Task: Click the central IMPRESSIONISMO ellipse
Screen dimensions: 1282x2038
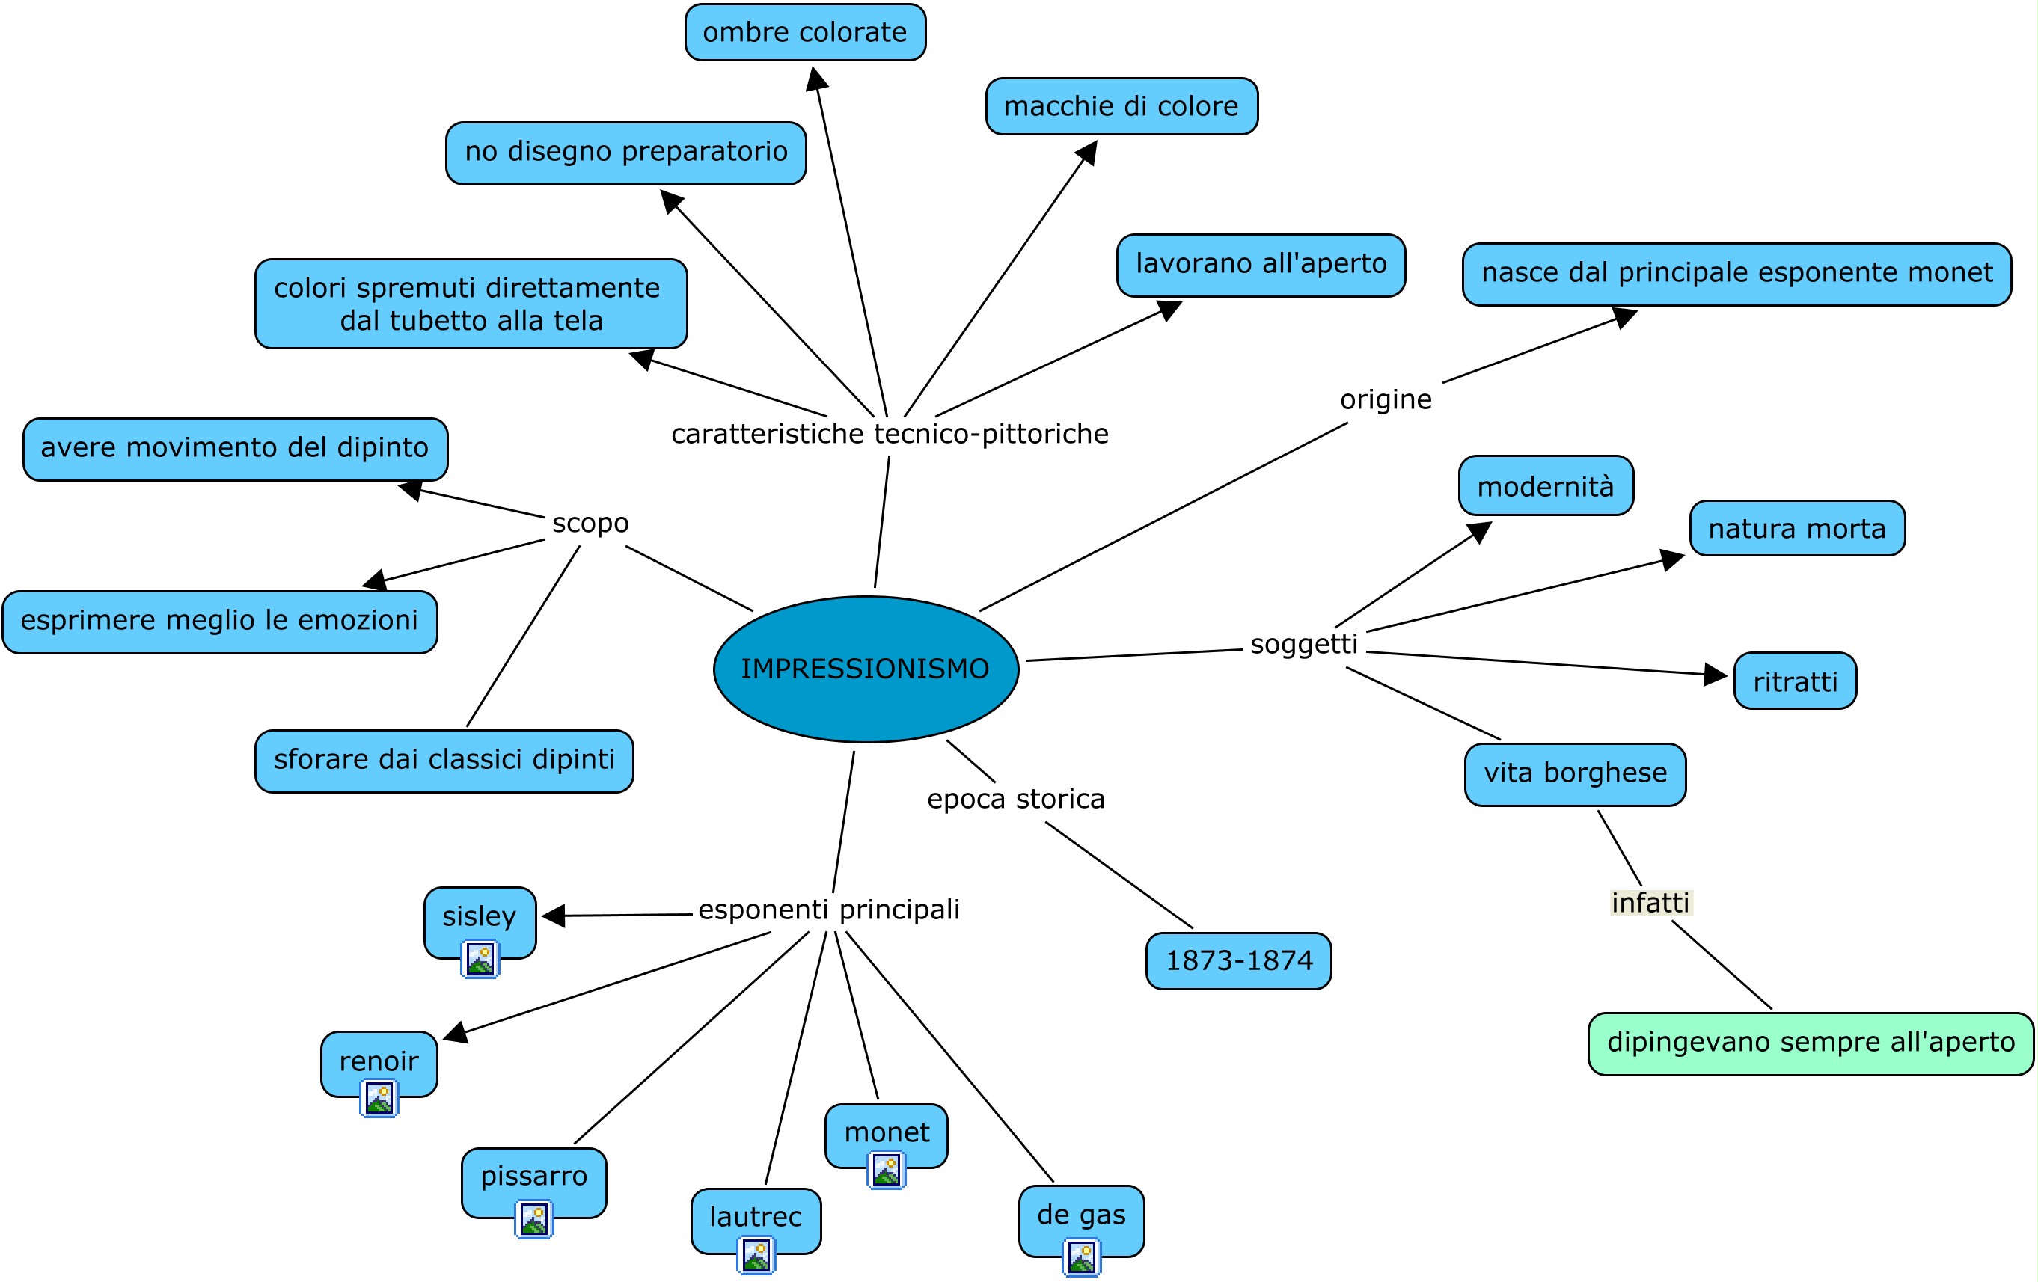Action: [x=865, y=669]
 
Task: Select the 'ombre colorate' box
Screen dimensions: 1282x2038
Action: [x=805, y=32]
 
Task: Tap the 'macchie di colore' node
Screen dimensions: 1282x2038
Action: [x=1121, y=105]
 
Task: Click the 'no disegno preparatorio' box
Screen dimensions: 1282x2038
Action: [x=625, y=153]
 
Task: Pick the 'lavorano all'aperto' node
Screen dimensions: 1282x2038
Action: [x=1261, y=265]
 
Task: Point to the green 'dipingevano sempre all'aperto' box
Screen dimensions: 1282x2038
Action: [x=1811, y=1043]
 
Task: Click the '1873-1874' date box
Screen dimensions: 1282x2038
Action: [x=1238, y=960]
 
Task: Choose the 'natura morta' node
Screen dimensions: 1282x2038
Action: [x=1797, y=528]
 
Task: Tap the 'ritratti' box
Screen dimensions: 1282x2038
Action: [x=1794, y=681]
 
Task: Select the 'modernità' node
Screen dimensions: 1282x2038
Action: [x=1546, y=485]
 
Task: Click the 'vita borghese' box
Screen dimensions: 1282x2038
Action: [x=1575, y=773]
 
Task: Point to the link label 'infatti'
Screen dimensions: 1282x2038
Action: [x=1650, y=903]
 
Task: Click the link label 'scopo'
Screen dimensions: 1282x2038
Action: [x=590, y=523]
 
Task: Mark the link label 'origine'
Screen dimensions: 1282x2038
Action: [x=1386, y=399]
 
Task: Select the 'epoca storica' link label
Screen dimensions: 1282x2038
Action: [x=1015, y=799]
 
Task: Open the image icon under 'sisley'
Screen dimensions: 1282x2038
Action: [x=480, y=960]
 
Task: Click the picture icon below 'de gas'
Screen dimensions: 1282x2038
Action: [x=1081, y=1257]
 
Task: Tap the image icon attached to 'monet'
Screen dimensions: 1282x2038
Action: [x=886, y=1171]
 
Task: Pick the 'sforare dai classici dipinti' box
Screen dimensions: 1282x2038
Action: [x=444, y=760]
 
